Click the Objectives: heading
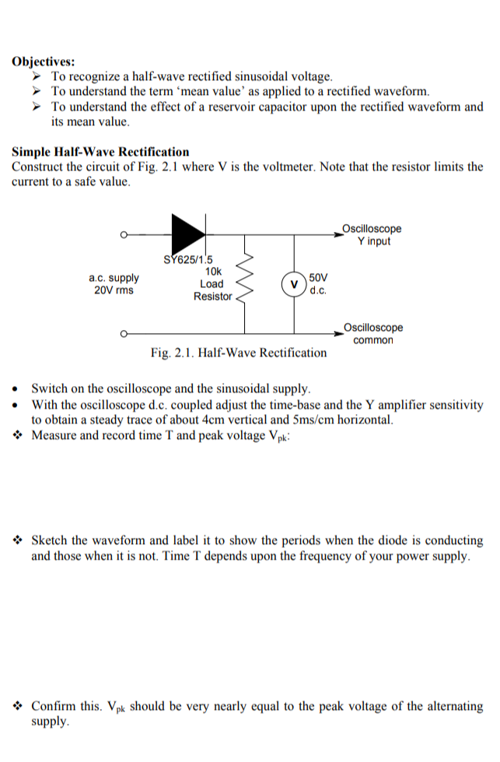[44, 61]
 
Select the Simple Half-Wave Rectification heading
[100, 152]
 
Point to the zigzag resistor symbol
[247, 284]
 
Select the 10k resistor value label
[213, 272]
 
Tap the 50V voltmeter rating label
[319, 278]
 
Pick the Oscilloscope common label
[373, 334]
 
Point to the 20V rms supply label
[114, 290]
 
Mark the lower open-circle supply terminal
[124, 334]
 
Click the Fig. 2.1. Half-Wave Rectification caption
[239, 353]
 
